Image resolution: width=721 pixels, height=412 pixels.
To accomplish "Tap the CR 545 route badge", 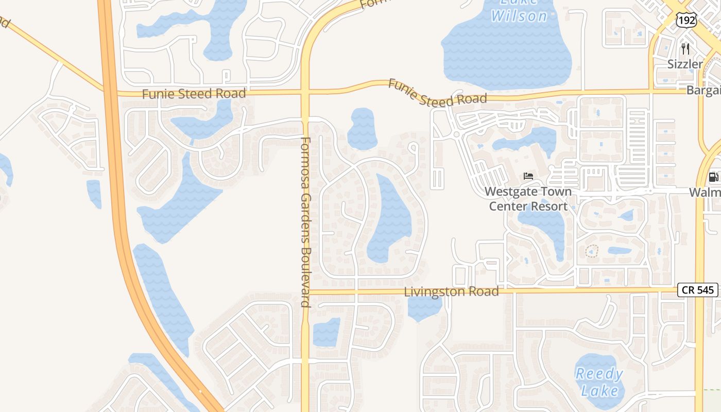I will pos(698,290).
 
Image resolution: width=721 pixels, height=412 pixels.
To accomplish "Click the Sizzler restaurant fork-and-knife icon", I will pos(685,49).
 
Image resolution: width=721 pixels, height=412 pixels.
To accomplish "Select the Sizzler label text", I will pos(685,64).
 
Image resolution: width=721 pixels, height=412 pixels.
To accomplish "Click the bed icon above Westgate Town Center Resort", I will pos(528,176).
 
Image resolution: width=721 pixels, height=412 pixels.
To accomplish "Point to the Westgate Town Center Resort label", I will pos(528,199).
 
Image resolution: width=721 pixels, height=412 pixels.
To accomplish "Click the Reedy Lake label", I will pos(599,382).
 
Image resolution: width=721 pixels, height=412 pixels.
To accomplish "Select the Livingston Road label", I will pos(451,291).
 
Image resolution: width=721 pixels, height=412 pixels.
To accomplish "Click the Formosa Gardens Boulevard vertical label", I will pos(305,221).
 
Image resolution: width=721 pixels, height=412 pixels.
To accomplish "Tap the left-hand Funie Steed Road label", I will pos(194,94).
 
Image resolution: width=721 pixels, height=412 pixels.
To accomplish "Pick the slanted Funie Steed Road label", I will pos(437,93).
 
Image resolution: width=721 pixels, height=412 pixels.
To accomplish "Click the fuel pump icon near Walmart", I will pos(714,177).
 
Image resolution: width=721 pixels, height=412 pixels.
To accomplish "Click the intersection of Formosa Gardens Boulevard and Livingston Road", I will pos(305,292).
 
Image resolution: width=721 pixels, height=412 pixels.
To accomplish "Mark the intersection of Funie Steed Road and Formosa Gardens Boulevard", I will pos(305,93).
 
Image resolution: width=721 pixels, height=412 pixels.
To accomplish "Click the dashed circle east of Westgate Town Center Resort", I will pos(592,251).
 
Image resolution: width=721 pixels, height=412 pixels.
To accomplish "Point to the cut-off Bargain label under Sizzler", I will pos(703,90).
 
